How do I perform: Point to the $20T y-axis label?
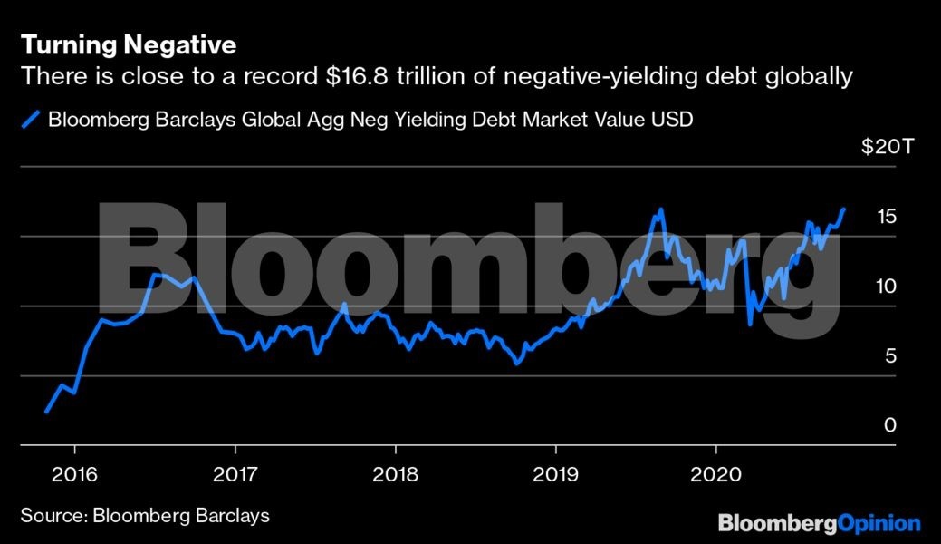pyautogui.click(x=880, y=146)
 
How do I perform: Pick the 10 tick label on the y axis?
pyautogui.click(x=886, y=286)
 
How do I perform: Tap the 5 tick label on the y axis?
pyautogui.click(x=891, y=355)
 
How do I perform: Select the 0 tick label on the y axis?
pyautogui.click(x=891, y=425)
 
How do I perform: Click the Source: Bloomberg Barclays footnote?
pyautogui.click(x=145, y=516)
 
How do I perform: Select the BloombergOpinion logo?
pyautogui.click(x=819, y=523)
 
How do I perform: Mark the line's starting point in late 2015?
pyautogui.click(x=45, y=412)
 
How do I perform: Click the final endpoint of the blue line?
pyautogui.click(x=844, y=209)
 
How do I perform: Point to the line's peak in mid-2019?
pyautogui.click(x=660, y=209)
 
